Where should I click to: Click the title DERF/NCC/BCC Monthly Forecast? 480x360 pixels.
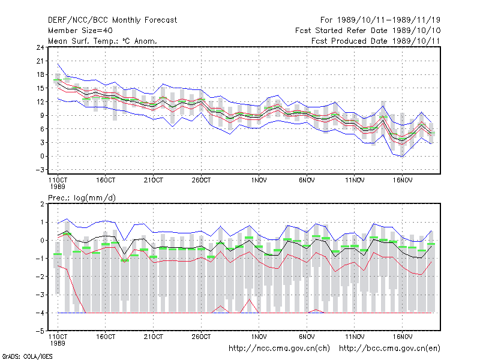click(x=112, y=20)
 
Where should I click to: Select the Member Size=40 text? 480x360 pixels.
click(x=80, y=31)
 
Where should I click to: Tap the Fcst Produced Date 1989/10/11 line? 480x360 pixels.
click(x=376, y=41)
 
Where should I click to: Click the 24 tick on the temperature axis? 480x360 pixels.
click(x=40, y=47)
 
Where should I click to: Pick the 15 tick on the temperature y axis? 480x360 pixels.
click(x=40, y=88)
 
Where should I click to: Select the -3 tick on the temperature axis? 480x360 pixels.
click(x=40, y=170)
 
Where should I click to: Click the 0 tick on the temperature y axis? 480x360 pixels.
click(x=42, y=156)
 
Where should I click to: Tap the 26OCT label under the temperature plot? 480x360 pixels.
click(x=201, y=181)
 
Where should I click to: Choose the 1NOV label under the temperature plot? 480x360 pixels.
click(x=259, y=181)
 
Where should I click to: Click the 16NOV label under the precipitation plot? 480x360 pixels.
click(x=403, y=337)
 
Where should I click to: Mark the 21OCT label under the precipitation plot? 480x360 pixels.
click(x=154, y=337)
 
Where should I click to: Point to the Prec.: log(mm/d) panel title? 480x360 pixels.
click(x=82, y=198)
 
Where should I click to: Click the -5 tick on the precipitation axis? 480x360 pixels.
click(x=40, y=331)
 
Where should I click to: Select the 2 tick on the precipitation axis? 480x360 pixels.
click(x=42, y=204)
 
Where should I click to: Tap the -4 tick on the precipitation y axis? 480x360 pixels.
click(x=40, y=313)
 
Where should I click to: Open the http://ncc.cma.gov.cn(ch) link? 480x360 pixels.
click(x=279, y=349)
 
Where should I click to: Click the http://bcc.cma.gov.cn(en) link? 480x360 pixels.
click(x=389, y=349)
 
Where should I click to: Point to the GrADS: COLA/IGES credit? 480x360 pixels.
click(x=27, y=356)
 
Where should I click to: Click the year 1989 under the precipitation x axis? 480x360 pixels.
click(x=58, y=343)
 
